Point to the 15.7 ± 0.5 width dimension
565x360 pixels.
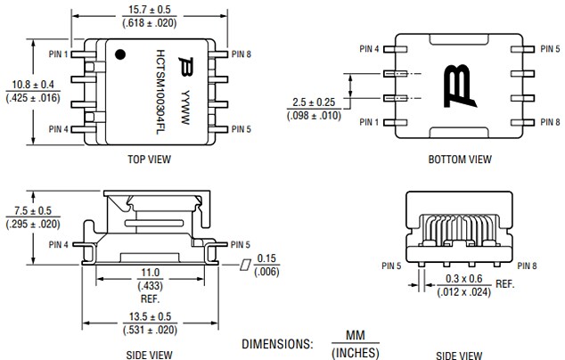(149, 9)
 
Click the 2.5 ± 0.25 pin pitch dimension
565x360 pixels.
(312, 103)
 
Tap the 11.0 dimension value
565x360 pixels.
(149, 273)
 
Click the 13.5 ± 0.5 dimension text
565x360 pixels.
(149, 315)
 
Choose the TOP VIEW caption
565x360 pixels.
(149, 159)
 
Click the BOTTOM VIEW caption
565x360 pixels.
(459, 160)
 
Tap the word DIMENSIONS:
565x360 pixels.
(277, 343)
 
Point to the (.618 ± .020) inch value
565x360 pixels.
(149, 21)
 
